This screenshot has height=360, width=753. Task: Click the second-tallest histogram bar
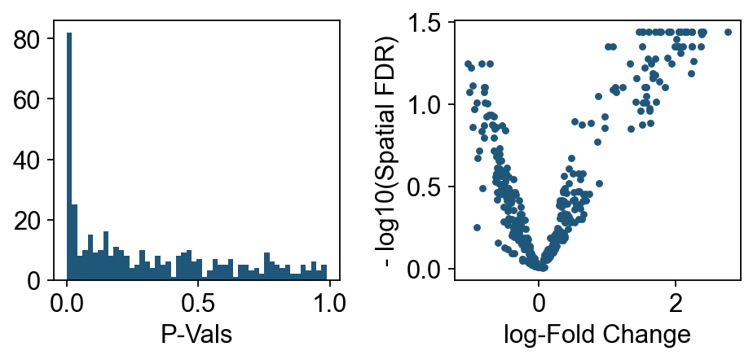click(x=74, y=243)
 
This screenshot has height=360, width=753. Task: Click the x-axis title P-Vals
click(x=196, y=335)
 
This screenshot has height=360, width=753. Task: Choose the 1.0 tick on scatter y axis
click(x=425, y=105)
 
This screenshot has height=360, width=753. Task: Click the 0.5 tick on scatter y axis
click(x=425, y=187)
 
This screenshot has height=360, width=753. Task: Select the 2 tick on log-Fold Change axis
click(x=675, y=302)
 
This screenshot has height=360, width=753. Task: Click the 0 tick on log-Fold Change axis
click(x=539, y=302)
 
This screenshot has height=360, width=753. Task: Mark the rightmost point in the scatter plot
click(x=728, y=33)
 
